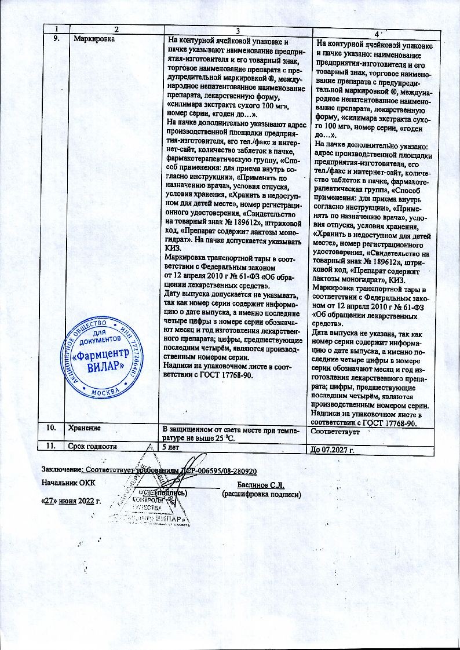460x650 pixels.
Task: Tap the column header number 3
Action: pos(236,30)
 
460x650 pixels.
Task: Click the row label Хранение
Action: pos(85,428)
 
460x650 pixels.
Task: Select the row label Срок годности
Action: pos(93,446)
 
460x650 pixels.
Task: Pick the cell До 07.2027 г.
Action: pos(333,450)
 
